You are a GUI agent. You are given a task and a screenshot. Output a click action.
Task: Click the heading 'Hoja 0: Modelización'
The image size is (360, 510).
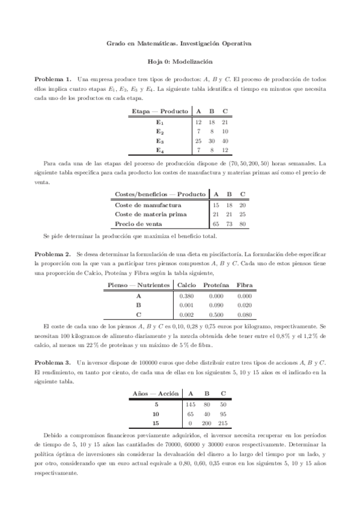coord(180,61)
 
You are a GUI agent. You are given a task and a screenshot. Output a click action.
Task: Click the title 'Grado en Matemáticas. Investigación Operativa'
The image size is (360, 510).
coord(180,43)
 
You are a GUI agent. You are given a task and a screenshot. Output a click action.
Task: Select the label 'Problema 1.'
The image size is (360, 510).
coord(53,79)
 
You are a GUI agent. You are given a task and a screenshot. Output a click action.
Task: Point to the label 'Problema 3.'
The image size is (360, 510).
coord(53,363)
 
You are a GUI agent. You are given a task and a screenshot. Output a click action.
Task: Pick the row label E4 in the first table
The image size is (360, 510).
coord(160,150)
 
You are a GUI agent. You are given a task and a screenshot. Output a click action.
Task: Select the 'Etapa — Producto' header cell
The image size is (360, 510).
coord(160,111)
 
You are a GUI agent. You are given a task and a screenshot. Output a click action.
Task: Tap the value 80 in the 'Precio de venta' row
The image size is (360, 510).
coord(242,224)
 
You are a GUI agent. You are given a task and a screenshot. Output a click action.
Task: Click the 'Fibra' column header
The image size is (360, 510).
coord(244,285)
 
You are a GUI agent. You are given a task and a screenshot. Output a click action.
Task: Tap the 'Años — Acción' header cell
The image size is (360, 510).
coord(156,394)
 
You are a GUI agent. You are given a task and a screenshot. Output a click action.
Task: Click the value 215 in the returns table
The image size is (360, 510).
coord(224,423)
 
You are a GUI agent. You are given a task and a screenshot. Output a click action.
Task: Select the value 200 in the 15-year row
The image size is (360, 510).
coord(208,423)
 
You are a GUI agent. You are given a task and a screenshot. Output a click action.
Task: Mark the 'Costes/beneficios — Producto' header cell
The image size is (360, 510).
coord(157,194)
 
